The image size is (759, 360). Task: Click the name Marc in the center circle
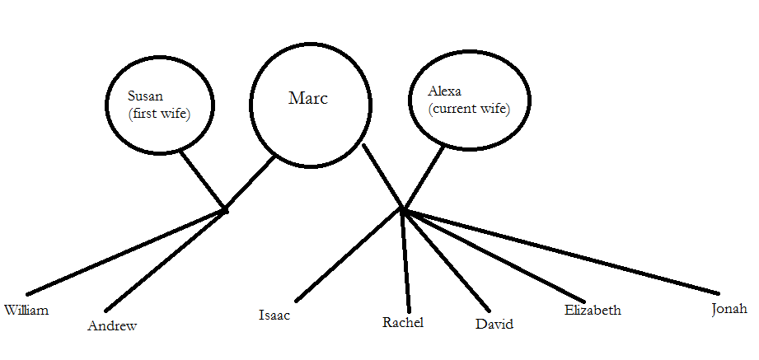pyautogui.click(x=307, y=99)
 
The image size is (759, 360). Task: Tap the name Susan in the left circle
pyautogui.click(x=148, y=96)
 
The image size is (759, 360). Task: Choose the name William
pyautogui.click(x=26, y=311)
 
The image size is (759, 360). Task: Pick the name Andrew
pyautogui.click(x=112, y=325)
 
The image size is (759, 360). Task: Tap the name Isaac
pyautogui.click(x=274, y=315)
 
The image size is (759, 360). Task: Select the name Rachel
pyautogui.click(x=403, y=322)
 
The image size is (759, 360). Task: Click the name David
pyautogui.click(x=494, y=324)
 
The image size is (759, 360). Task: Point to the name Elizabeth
pyautogui.click(x=593, y=311)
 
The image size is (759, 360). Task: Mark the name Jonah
pyautogui.click(x=729, y=309)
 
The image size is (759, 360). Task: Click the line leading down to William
pyautogui.click(x=124, y=252)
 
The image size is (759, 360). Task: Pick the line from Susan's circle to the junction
pyautogui.click(x=202, y=180)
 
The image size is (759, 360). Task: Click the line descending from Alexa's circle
pyautogui.click(x=424, y=177)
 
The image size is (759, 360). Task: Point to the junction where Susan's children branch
pyautogui.click(x=224, y=210)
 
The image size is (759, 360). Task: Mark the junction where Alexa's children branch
pyautogui.click(x=403, y=210)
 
